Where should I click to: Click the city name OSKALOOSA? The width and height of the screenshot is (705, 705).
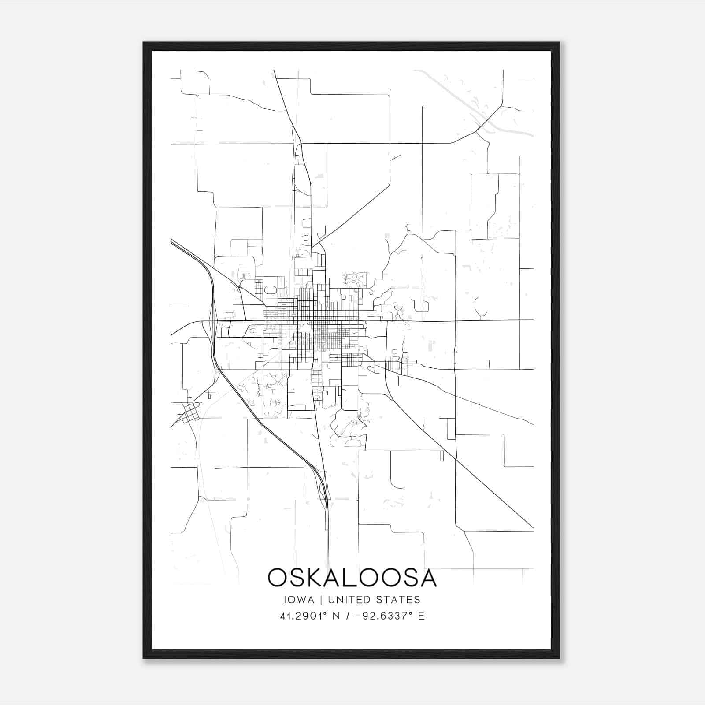(352, 578)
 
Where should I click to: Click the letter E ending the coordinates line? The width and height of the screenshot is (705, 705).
(421, 616)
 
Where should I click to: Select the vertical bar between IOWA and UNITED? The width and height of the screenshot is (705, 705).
(321, 600)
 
